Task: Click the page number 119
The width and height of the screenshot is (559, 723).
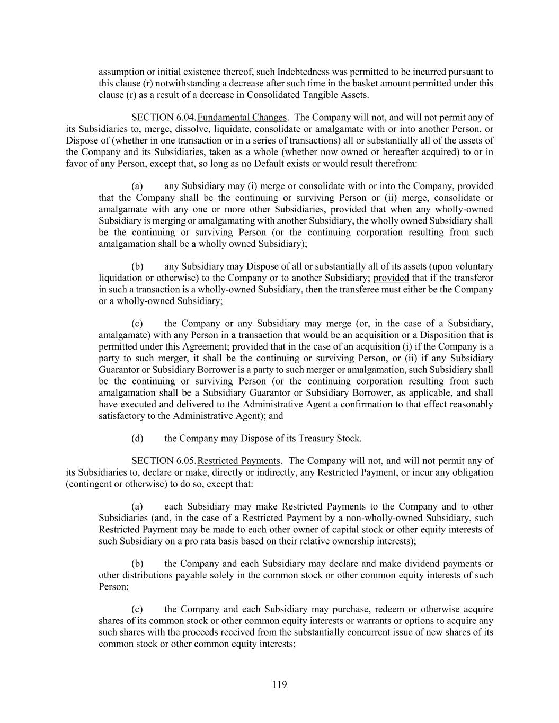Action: coord(280,685)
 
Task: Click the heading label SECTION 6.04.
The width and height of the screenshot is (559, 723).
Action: coord(164,118)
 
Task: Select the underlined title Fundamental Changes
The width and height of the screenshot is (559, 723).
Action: coord(242,118)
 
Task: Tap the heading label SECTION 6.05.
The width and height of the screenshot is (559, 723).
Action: coord(164,461)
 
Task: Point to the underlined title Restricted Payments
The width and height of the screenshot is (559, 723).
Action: coord(238,461)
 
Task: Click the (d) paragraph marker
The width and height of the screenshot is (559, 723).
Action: coord(137,438)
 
